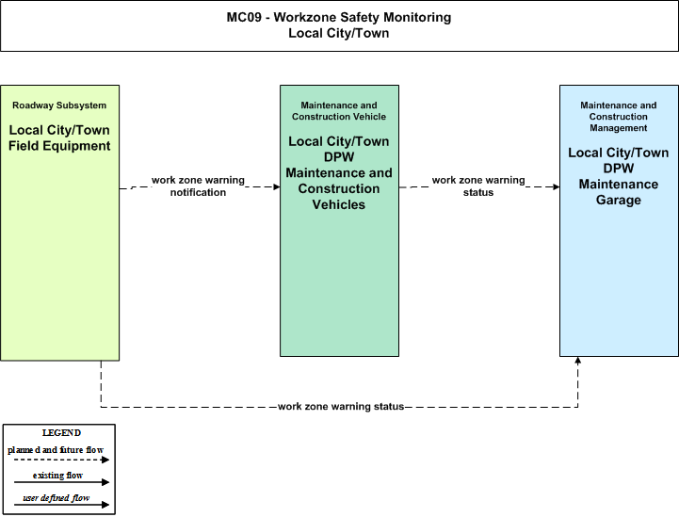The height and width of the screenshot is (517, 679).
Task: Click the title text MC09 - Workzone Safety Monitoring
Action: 339,17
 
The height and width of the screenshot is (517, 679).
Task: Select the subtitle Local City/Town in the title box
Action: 339,33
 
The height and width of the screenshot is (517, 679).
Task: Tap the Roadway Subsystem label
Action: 59,105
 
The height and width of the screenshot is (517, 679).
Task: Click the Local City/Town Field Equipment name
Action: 59,137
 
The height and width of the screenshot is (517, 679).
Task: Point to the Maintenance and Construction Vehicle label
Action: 339,111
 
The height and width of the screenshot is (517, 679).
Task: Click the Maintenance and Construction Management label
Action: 619,117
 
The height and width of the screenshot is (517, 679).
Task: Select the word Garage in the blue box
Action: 619,200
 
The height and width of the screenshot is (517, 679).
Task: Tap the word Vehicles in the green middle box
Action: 339,204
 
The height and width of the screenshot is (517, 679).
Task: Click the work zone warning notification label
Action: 198,186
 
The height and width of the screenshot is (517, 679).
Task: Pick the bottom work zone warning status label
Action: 341,406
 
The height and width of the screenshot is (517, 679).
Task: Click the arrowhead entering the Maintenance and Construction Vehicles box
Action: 277,187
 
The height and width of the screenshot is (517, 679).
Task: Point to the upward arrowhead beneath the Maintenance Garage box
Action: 577,360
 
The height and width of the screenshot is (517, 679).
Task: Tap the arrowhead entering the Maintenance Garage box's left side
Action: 557,187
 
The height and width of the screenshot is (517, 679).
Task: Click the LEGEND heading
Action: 61,433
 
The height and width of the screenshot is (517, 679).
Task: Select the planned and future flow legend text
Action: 56,450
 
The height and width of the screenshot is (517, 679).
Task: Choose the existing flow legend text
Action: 57,476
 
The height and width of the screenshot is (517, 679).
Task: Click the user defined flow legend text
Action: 57,498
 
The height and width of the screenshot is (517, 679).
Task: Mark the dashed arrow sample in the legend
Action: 61,460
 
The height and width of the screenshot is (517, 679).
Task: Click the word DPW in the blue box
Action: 619,169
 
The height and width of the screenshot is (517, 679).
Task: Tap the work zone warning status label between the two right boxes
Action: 478,186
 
